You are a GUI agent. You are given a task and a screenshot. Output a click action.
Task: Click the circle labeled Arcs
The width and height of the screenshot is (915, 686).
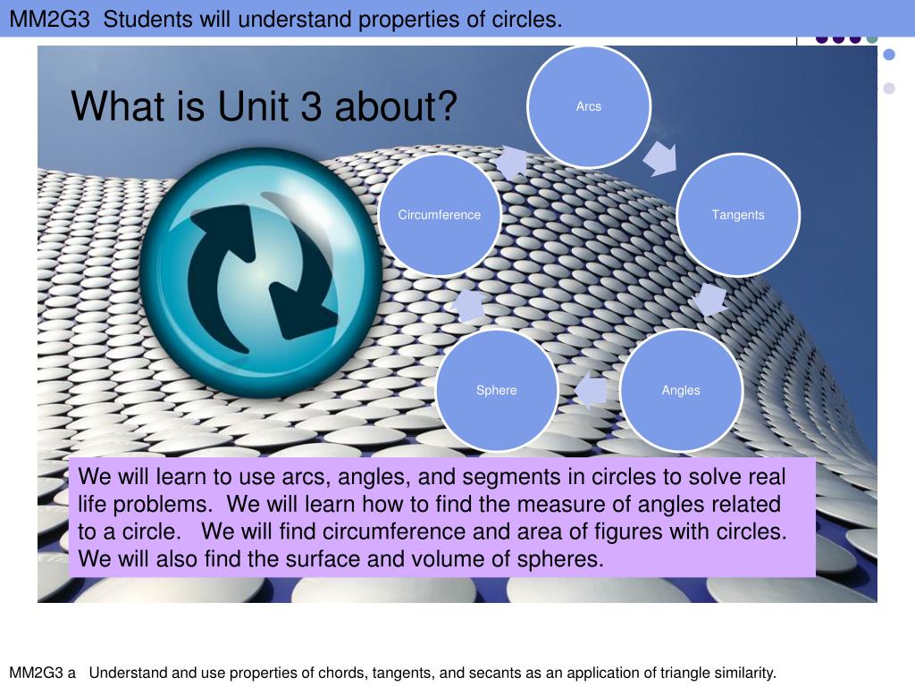[x=589, y=107]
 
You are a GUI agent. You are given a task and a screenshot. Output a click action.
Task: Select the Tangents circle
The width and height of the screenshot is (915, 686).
[x=738, y=214]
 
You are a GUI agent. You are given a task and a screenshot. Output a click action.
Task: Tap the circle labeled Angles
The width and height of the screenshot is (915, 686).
[x=681, y=390]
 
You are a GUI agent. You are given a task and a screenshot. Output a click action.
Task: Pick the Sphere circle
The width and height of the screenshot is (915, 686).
[x=497, y=390]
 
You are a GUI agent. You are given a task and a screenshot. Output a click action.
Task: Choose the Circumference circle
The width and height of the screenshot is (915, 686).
[x=440, y=214]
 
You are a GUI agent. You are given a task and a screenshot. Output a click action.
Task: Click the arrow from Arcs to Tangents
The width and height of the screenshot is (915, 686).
[x=661, y=157]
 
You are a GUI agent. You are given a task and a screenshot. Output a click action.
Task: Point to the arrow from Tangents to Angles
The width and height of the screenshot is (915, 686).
[x=709, y=300]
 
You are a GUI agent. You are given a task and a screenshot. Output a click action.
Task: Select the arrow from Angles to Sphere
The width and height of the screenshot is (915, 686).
[x=591, y=390]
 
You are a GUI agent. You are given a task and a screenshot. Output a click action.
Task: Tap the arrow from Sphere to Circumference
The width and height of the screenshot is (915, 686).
[x=468, y=305]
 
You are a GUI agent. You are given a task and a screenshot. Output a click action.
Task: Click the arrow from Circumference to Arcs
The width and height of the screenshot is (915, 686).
[x=513, y=162]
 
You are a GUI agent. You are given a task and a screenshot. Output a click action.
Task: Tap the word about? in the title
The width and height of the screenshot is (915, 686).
[x=396, y=106]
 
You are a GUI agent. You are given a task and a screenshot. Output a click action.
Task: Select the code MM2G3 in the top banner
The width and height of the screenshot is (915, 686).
[x=50, y=20]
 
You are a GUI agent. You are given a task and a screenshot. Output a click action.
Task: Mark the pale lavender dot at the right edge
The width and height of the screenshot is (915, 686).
[x=889, y=88]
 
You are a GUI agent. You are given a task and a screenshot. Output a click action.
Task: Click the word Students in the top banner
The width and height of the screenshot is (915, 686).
[x=148, y=20]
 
